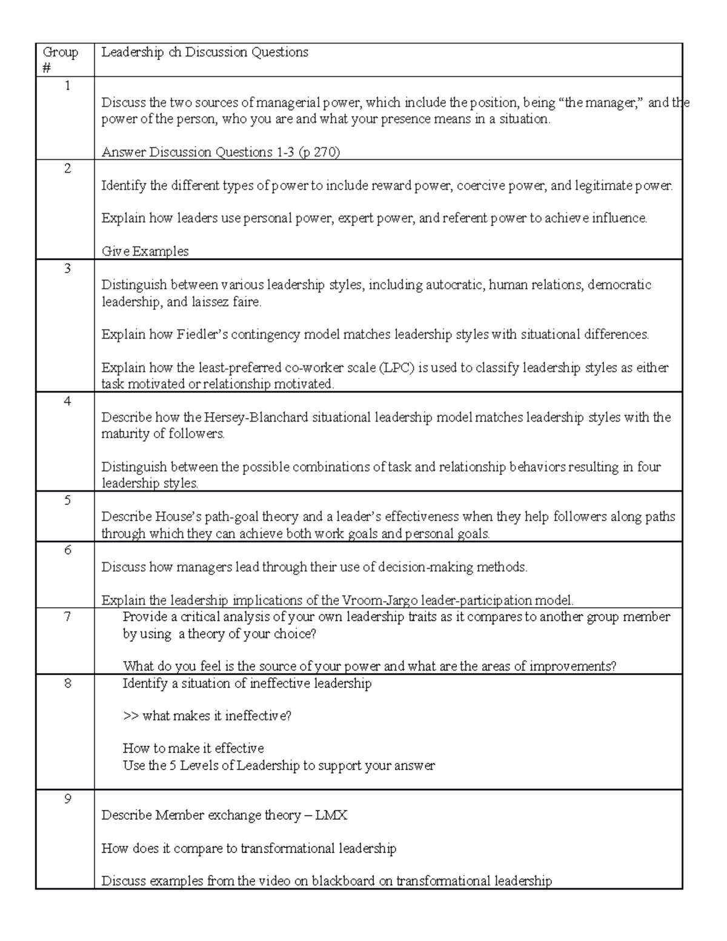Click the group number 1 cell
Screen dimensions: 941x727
click(67, 86)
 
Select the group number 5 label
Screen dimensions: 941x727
click(67, 500)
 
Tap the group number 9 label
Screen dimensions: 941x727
click(67, 799)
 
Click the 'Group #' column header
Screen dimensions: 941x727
click(60, 60)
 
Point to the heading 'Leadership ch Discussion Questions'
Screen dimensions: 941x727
click(205, 53)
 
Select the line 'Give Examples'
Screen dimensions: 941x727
click(145, 251)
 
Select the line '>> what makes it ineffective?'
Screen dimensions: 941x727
click(207, 716)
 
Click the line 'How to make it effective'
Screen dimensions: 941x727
click(193, 748)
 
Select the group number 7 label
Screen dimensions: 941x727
click(67, 617)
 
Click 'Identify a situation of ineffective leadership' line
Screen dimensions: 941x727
click(247, 683)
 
